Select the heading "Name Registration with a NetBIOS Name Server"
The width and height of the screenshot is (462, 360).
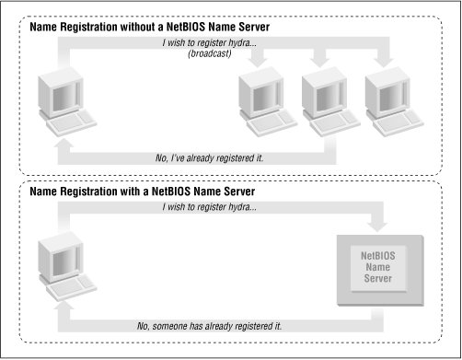(143, 191)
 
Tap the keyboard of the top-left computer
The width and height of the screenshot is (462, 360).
(64, 126)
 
